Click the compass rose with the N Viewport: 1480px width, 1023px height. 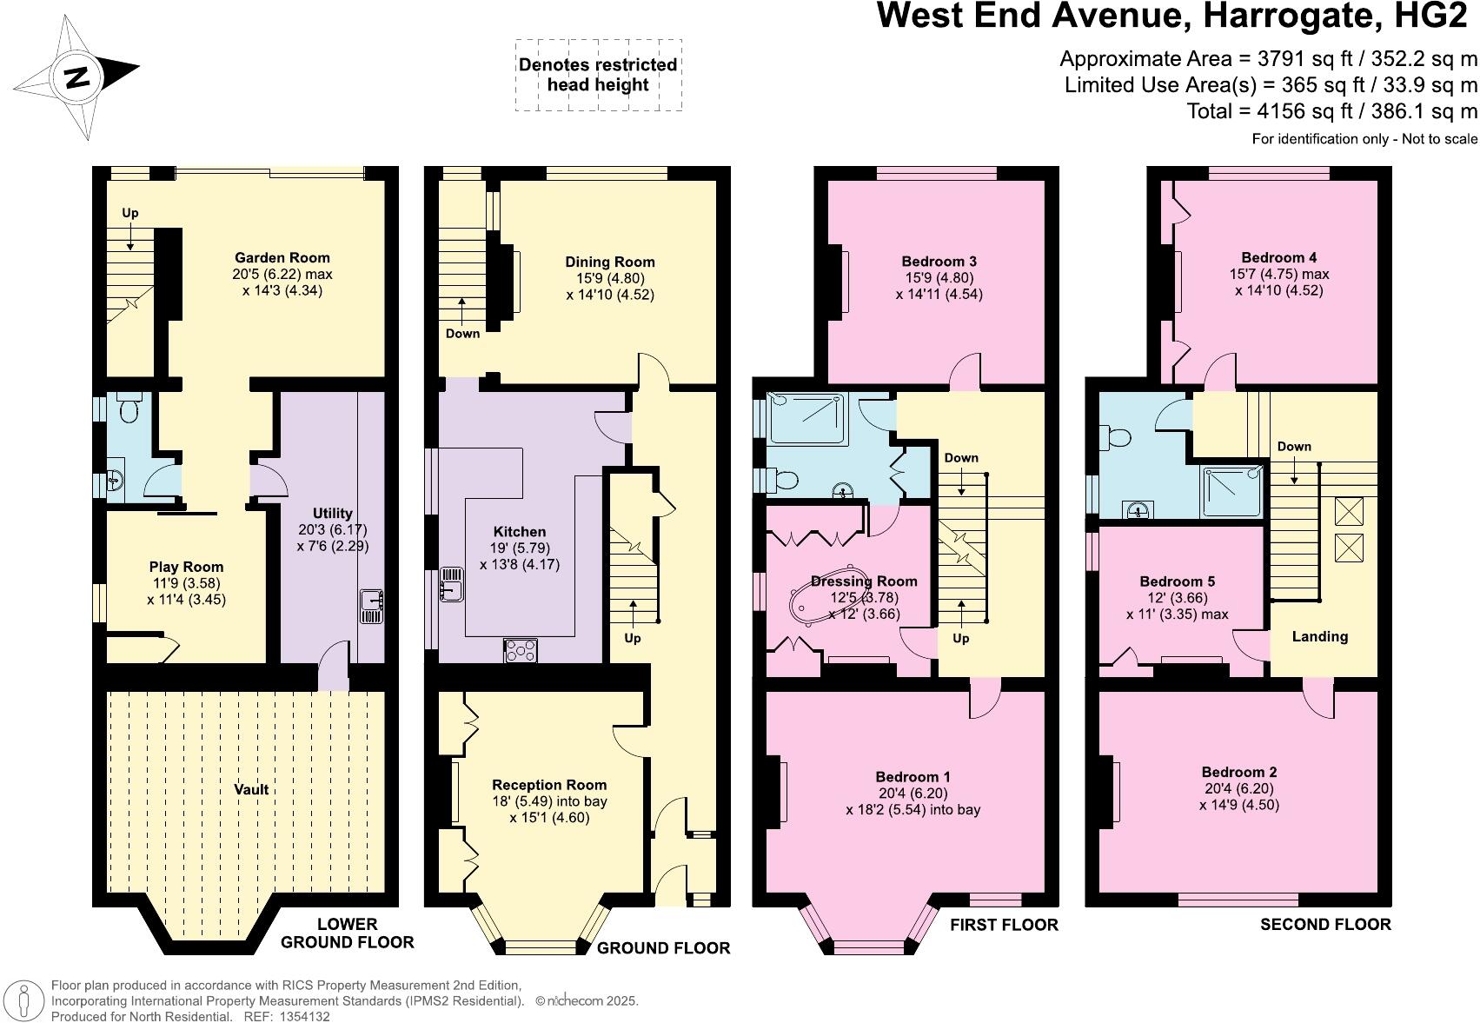pyautogui.click(x=76, y=77)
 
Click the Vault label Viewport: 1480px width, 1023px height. pyautogui.click(x=251, y=789)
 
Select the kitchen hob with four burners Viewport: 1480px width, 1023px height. pyautogui.click(x=521, y=650)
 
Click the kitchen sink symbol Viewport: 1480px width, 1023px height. pyautogui.click(x=452, y=584)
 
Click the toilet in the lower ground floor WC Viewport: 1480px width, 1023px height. pyautogui.click(x=130, y=409)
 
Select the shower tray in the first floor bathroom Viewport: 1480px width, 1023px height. pyautogui.click(x=805, y=418)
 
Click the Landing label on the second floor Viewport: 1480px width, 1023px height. pyautogui.click(x=1319, y=636)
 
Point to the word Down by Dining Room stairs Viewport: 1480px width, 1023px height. pyautogui.click(x=462, y=334)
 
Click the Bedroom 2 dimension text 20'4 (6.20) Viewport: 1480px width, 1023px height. pyautogui.click(x=1238, y=788)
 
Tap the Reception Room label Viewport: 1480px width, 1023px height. pyautogui.click(x=549, y=785)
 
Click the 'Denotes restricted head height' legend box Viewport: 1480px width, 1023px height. pyautogui.click(x=598, y=75)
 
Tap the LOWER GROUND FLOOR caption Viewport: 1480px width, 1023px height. pyautogui.click(x=348, y=933)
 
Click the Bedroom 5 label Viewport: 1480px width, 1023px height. pyautogui.click(x=1177, y=581)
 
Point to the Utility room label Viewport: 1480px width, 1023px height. pyautogui.click(x=332, y=513)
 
